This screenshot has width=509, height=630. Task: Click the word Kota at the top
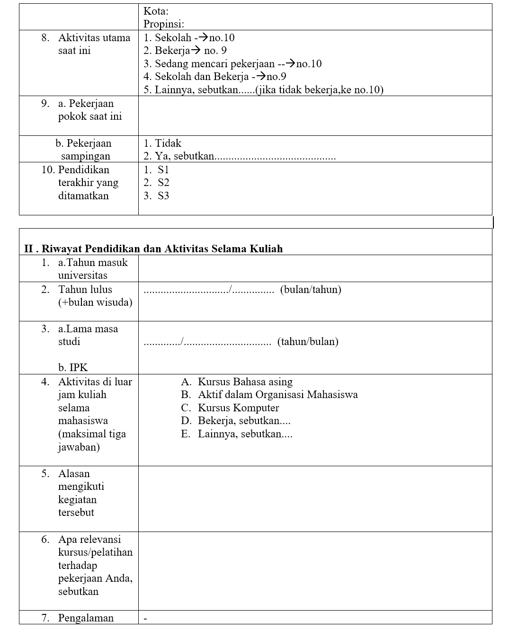156,11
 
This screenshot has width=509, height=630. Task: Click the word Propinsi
163,24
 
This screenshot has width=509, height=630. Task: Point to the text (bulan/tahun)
311,290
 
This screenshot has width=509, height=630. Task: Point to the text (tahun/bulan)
308,342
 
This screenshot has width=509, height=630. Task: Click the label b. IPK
73,368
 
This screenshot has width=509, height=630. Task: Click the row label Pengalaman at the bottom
86,618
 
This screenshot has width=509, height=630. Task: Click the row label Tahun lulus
85,290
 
